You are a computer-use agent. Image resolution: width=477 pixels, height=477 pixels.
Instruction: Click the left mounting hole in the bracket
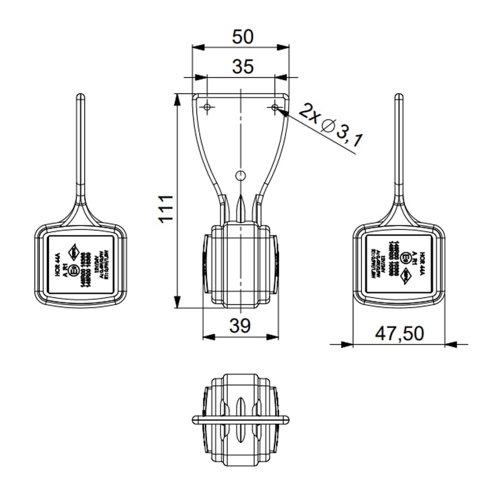tap(207, 107)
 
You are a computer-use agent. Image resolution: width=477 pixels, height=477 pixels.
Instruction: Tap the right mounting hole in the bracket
tap(275, 107)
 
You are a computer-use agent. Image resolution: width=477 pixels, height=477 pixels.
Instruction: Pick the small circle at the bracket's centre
tap(240, 175)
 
